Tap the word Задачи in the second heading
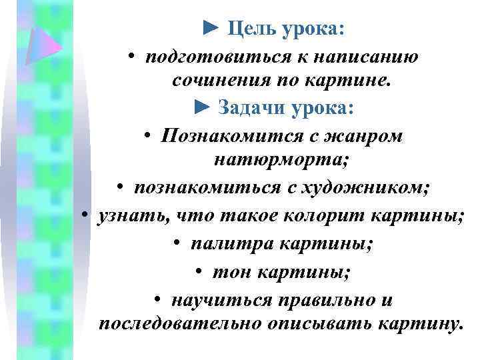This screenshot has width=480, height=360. coord(251,107)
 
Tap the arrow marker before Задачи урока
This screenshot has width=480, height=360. coord(202,107)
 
